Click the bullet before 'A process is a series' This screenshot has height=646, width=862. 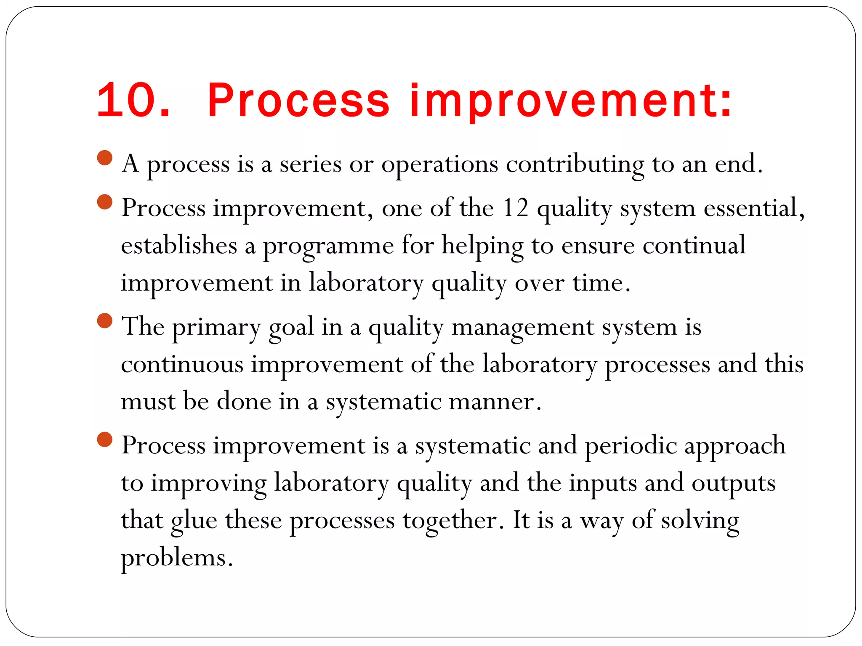coord(104,158)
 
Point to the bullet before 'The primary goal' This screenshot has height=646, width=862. coord(104,321)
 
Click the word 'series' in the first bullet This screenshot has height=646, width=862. coord(310,164)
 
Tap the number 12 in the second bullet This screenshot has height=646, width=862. coord(516,208)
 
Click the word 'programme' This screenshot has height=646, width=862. coord(328,246)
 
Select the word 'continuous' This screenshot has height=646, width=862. coord(182,364)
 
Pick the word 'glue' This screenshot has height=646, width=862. coord(194,521)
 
